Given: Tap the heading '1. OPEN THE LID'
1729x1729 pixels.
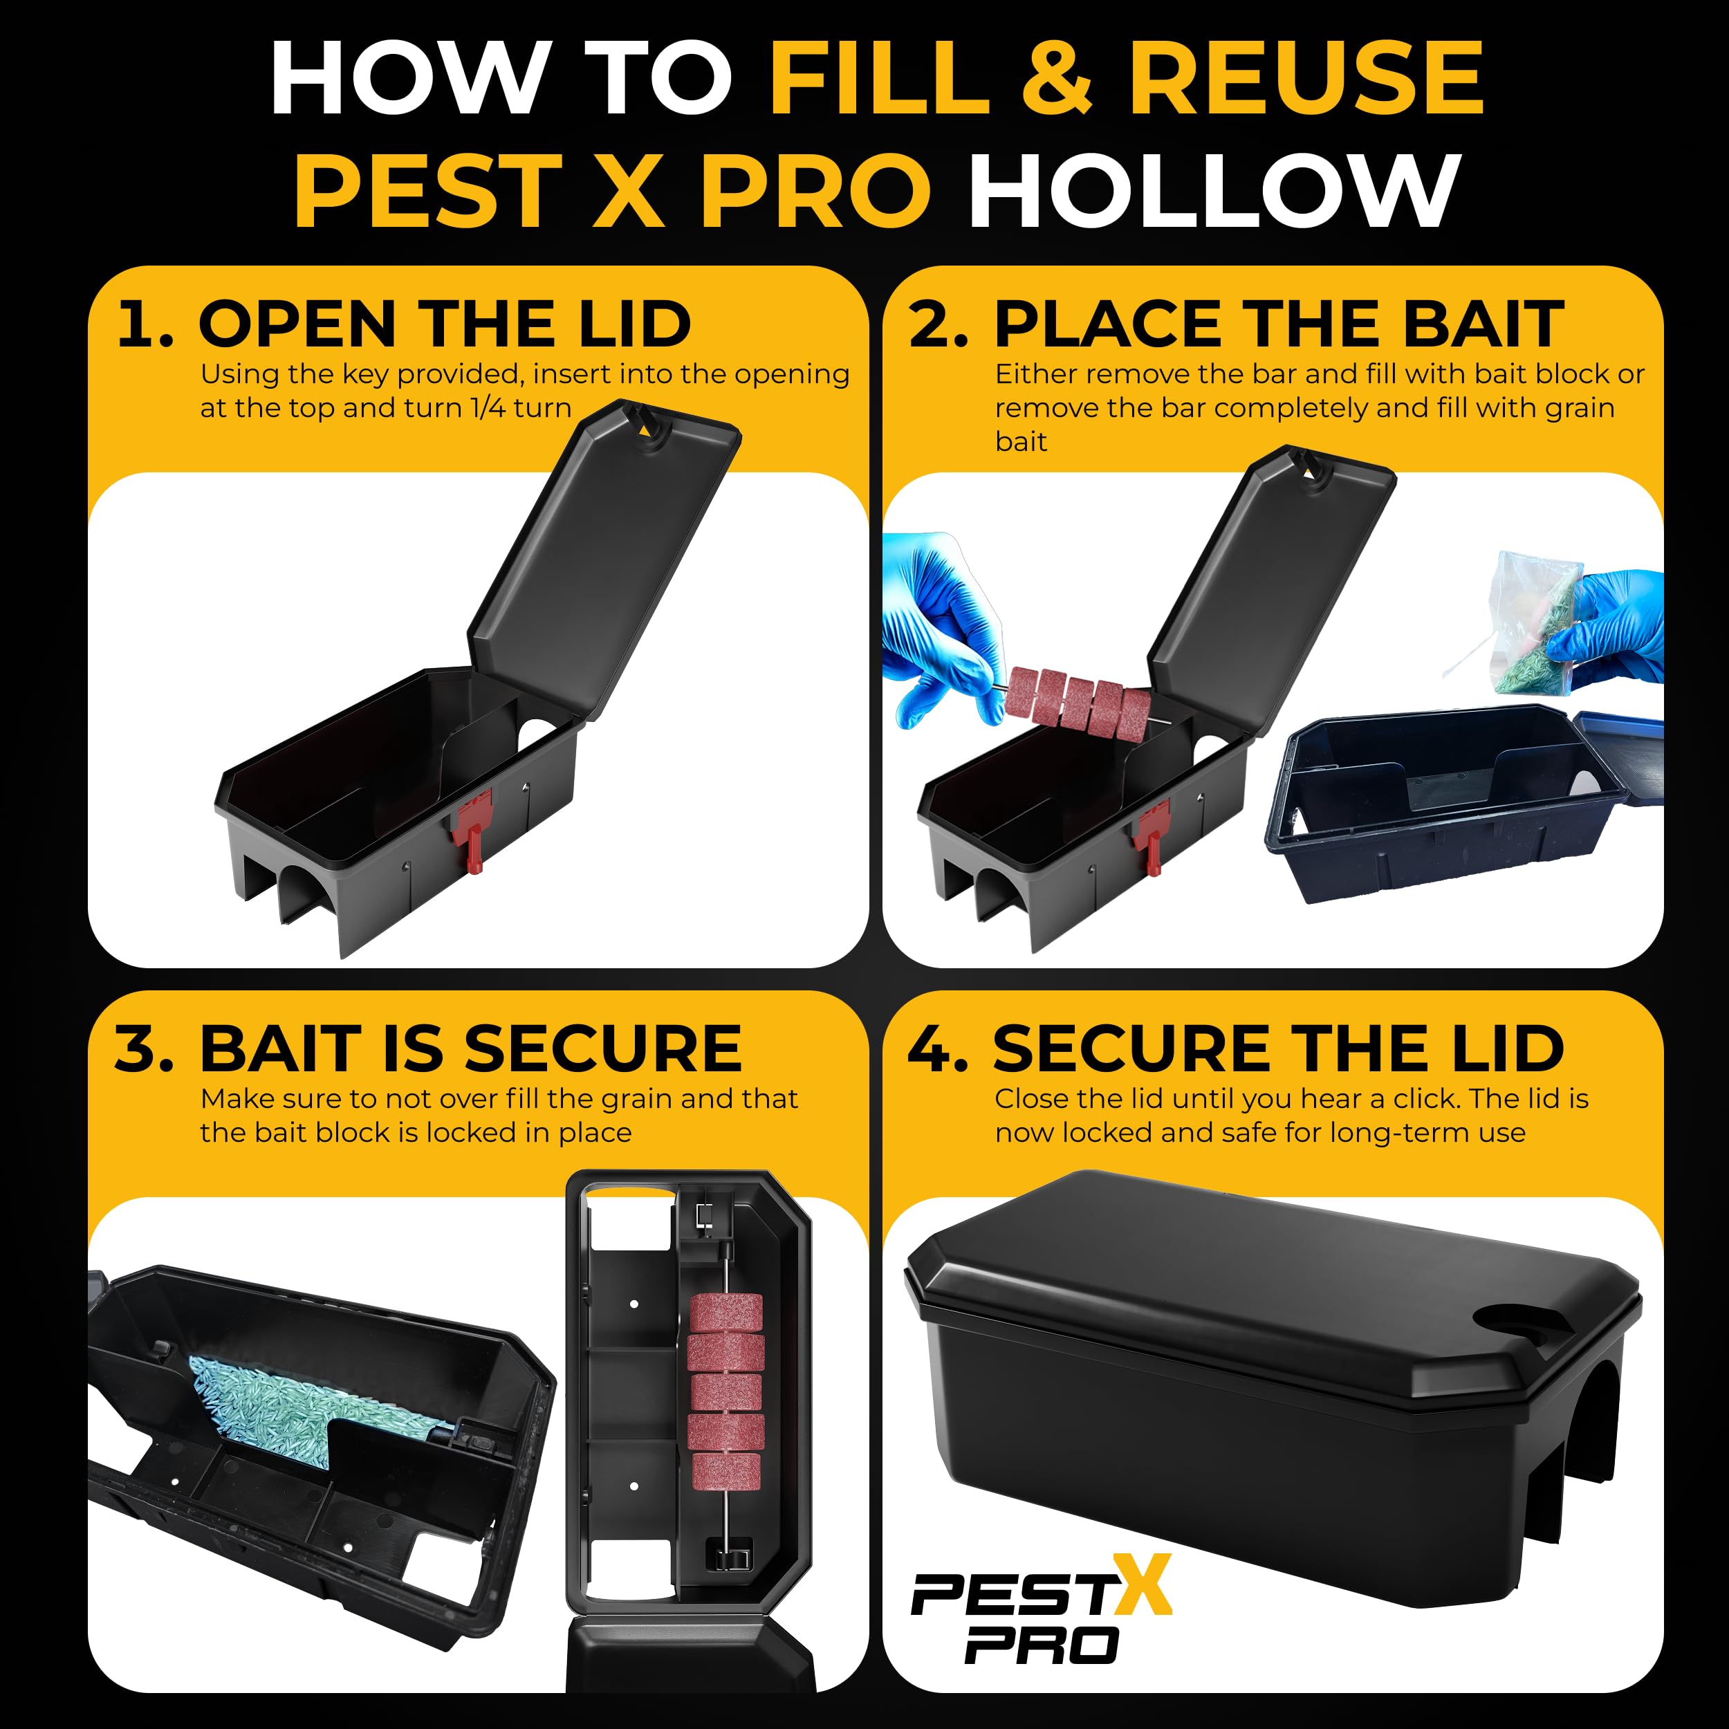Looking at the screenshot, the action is pyautogui.click(x=405, y=323).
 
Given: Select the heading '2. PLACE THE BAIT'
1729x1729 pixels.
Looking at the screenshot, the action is pyautogui.click(x=1236, y=323).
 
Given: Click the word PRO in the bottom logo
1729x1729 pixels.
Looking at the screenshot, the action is pyautogui.click(x=1043, y=1645).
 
